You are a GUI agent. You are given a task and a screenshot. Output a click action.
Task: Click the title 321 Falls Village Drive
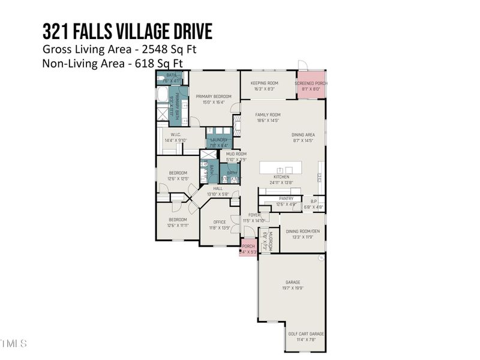point(127,31)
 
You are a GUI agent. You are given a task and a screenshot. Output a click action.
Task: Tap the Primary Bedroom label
point(214,96)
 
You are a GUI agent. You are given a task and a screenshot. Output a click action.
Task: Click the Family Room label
point(268,115)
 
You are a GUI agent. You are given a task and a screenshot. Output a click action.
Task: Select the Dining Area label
point(303,135)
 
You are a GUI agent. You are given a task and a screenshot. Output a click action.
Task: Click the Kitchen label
point(281,177)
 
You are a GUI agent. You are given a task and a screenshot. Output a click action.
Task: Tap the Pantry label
point(286,199)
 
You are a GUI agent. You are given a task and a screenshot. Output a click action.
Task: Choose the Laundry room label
point(218,140)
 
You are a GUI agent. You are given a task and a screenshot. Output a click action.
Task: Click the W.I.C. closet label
point(176,134)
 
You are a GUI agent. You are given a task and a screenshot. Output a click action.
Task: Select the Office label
point(220,222)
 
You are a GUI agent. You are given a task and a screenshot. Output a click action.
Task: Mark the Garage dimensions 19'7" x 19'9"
point(293,288)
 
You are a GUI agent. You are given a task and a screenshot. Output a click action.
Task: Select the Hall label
point(218,188)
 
